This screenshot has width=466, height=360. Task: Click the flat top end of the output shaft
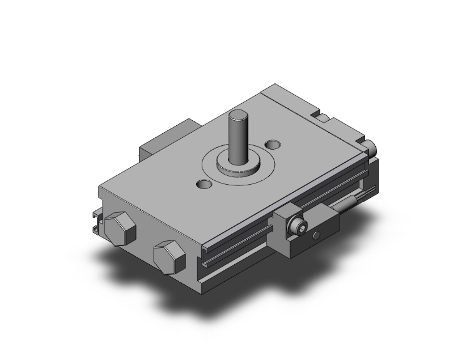tap(238, 115)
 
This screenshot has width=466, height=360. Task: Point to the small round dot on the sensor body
tap(317, 235)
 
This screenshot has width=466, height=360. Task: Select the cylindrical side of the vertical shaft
tap(237, 138)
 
